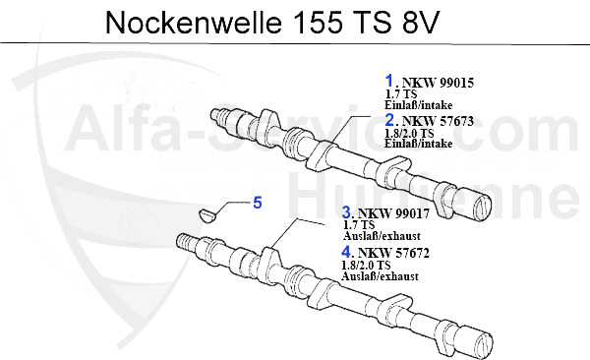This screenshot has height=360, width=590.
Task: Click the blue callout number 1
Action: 389,82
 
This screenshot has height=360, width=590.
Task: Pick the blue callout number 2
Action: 389,120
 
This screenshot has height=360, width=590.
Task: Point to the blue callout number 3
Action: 347,212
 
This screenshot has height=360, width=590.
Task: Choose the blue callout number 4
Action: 347,252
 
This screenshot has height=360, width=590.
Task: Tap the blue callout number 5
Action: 258,204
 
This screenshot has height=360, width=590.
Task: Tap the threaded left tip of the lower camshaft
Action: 184,240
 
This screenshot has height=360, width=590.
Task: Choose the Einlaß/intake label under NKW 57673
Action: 419,145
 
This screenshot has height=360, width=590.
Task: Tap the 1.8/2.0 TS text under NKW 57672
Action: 367,266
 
